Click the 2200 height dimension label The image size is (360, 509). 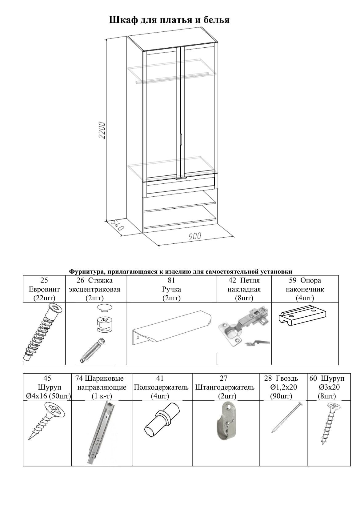(x=102, y=130)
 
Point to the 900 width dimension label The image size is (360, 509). (x=195, y=236)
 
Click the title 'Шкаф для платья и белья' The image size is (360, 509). (x=169, y=20)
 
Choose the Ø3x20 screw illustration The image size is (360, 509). (x=329, y=423)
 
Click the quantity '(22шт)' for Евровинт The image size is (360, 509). (x=44, y=298)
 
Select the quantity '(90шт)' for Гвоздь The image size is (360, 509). (x=281, y=396)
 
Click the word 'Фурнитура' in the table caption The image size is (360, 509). (x=86, y=271)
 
